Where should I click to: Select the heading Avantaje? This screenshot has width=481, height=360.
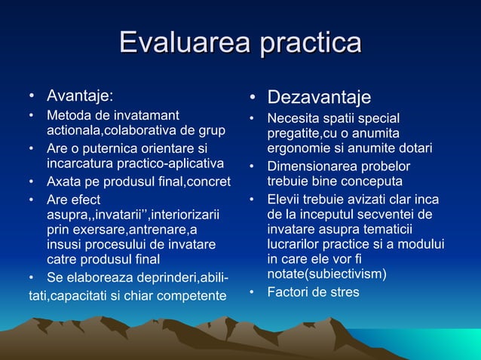80,96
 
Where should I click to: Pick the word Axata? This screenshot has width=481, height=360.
63,182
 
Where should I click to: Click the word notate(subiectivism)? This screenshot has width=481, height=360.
326,274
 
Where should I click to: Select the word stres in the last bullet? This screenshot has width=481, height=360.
345,291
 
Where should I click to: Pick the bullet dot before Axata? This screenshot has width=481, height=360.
32,182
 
